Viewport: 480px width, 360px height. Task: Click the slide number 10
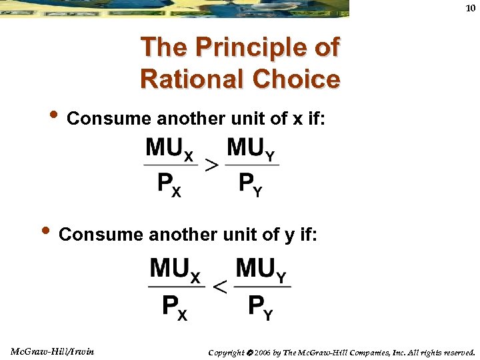tap(471, 7)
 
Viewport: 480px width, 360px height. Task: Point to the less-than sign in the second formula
tap(219, 287)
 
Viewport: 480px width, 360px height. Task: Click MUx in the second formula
tap(175, 270)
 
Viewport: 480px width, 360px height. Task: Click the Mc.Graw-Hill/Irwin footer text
tap(53, 351)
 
